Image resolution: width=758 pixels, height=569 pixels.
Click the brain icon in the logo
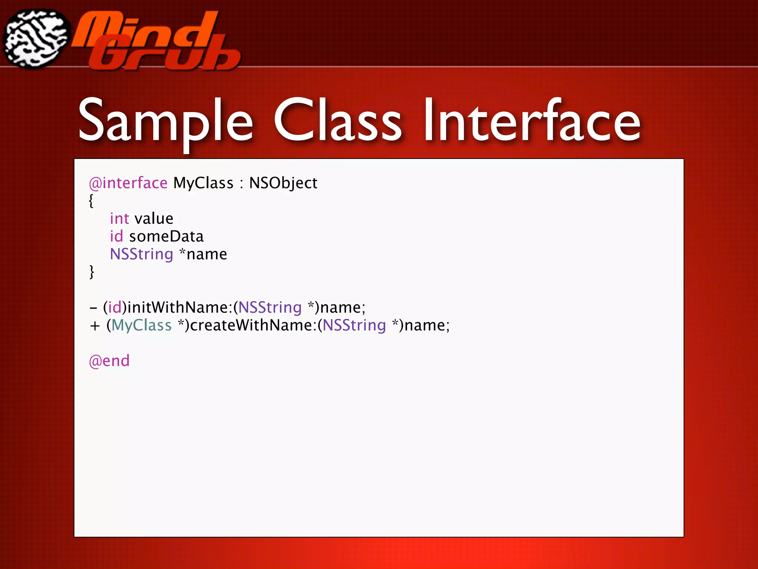click(36, 39)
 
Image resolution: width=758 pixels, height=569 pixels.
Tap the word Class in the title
click(338, 120)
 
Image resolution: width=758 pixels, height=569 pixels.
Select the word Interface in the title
click(532, 120)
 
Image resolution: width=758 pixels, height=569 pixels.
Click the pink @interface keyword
click(128, 183)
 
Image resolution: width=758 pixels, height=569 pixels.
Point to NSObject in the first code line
click(283, 183)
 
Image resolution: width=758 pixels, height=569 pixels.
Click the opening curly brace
click(91, 201)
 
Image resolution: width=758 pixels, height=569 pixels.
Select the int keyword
click(119, 219)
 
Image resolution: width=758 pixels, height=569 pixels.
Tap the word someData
click(167, 236)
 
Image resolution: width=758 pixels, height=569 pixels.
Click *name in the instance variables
click(203, 254)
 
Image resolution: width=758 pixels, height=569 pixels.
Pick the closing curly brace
click(91, 272)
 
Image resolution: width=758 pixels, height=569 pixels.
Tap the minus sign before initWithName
click(94, 308)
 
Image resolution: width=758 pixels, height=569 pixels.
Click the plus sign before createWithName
click(95, 326)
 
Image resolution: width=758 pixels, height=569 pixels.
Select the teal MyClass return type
click(142, 325)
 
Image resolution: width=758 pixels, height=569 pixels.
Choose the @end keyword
click(109, 361)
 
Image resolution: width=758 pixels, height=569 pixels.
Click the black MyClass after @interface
click(203, 183)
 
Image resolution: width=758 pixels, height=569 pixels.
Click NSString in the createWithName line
click(354, 325)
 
